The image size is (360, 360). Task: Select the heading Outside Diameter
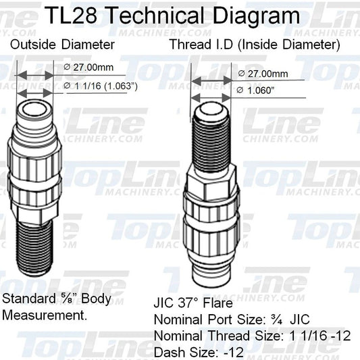tap(62, 45)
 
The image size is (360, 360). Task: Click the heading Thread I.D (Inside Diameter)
tap(255, 45)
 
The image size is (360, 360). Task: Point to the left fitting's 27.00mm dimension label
tap(88, 68)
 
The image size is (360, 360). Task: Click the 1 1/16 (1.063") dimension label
tap(101, 86)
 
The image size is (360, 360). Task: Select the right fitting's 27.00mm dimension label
tap(263, 74)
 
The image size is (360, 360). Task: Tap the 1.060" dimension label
tap(255, 91)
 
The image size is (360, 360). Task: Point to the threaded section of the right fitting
tap(211, 143)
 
